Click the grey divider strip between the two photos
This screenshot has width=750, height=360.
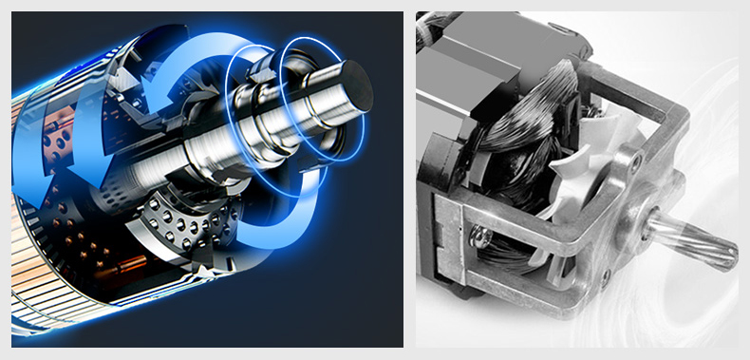(409, 180)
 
